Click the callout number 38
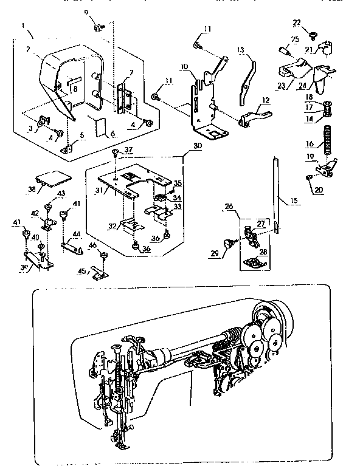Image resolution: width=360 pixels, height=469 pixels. (32, 189)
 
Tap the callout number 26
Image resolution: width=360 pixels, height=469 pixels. (229, 207)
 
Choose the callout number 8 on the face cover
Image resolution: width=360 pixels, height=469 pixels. (74, 89)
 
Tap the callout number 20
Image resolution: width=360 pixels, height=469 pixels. (318, 190)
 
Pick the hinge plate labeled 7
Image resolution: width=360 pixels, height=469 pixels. (124, 97)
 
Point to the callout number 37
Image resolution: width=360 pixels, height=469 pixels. (128, 149)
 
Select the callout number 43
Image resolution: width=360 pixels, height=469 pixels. (61, 193)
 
